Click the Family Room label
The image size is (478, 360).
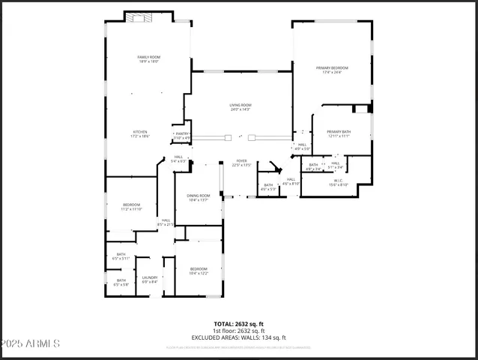click(x=148, y=59)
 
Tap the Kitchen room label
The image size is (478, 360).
click(x=141, y=133)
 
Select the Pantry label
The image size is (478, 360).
click(x=182, y=136)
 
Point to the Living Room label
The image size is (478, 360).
click(x=240, y=106)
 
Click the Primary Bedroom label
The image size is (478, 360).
click(x=331, y=70)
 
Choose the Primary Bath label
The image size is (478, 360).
click(x=339, y=133)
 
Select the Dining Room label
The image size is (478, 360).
click(x=199, y=197)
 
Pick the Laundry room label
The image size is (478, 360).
click(x=150, y=280)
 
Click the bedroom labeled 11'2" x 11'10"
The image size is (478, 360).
click(x=131, y=206)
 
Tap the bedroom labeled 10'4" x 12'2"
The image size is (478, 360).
click(x=199, y=271)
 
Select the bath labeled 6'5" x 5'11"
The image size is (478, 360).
click(x=121, y=256)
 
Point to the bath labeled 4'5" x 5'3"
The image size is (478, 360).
click(x=268, y=187)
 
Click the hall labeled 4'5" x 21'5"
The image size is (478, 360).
click(x=165, y=222)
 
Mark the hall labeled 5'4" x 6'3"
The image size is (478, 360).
click(x=178, y=158)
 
